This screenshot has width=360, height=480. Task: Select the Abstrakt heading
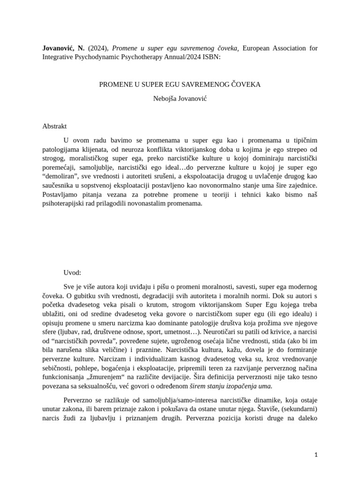coord(55,126)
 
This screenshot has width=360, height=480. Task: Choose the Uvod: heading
coord(73,272)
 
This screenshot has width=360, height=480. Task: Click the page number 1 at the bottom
coord(316,455)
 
